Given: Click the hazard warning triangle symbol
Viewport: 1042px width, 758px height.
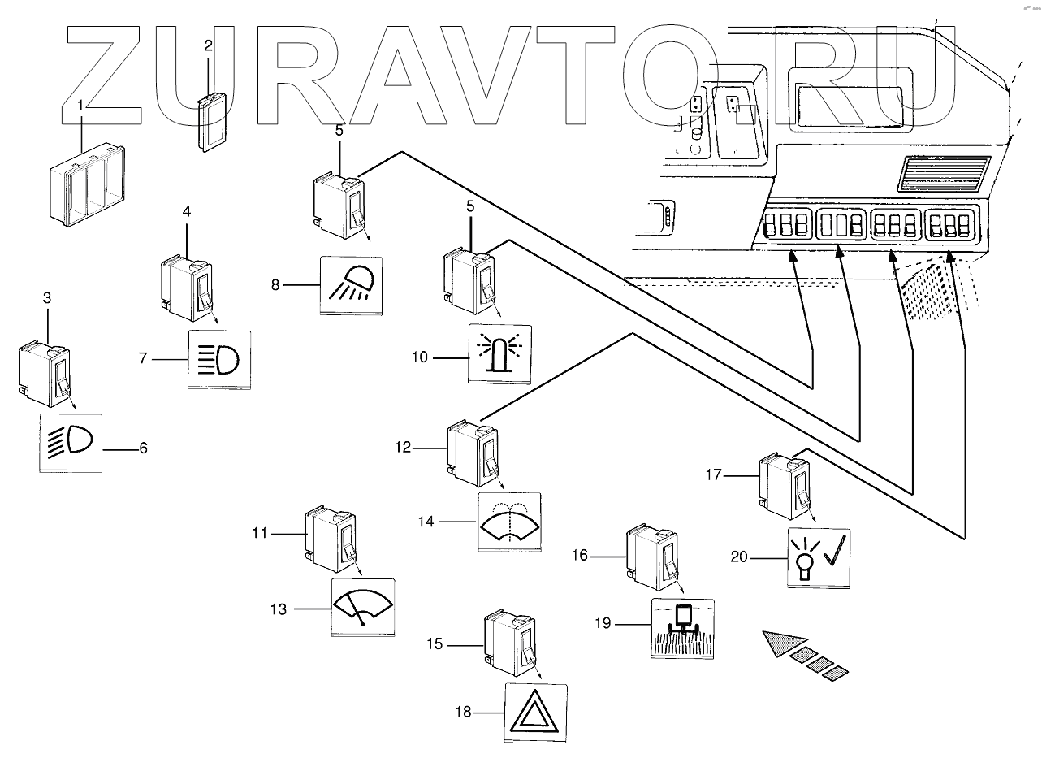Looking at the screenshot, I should coord(536,713).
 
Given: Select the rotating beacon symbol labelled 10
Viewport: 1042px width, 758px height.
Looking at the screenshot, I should coord(499,354).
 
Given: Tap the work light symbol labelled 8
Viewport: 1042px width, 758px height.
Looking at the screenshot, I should coord(352,285).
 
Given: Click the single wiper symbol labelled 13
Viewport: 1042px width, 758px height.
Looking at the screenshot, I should coord(363,607).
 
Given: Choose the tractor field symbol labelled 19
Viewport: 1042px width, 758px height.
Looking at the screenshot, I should coord(683,628).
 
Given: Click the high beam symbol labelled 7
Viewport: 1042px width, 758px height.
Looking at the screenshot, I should coord(219,358).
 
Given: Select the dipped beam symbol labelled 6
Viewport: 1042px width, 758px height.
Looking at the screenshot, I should coord(71,443).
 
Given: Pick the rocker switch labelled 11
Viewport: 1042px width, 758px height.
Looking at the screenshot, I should coord(331,539).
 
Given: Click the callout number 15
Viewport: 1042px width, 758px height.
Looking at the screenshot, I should coord(435,644).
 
